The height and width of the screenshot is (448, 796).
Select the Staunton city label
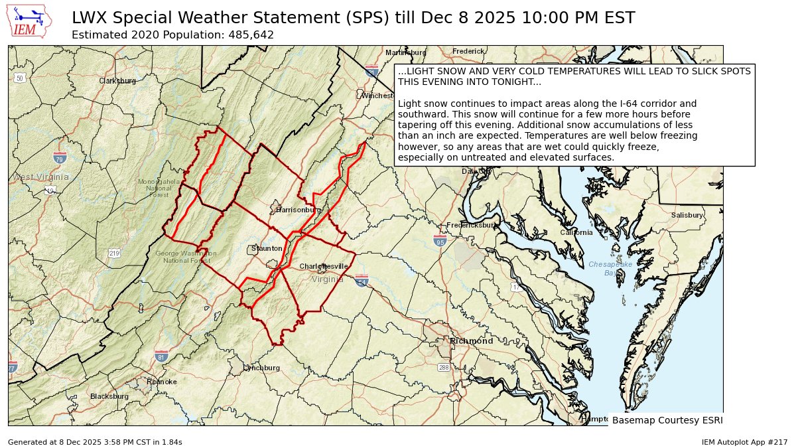tap(267, 248)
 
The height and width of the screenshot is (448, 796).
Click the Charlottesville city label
tap(324, 266)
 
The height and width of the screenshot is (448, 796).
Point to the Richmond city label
tap(471, 340)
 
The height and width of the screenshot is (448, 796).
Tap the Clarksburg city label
tap(117, 81)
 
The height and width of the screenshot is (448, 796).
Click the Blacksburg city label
tap(109, 396)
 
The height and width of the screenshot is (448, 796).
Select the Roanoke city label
tap(162, 382)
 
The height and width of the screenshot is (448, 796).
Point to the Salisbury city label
tap(687, 215)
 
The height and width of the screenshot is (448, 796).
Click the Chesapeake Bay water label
tap(610, 268)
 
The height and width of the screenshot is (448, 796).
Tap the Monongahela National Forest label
tap(159, 188)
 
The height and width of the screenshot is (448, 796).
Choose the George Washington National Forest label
tap(186, 257)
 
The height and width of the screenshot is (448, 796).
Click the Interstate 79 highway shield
tap(60, 158)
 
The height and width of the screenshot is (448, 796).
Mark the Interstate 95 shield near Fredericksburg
tap(440, 240)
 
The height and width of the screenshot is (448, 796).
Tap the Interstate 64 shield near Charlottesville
tap(362, 281)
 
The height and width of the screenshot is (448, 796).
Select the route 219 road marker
tap(114, 254)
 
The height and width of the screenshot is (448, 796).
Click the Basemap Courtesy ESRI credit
tap(667, 420)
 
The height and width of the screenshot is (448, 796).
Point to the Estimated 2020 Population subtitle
tap(172, 35)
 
